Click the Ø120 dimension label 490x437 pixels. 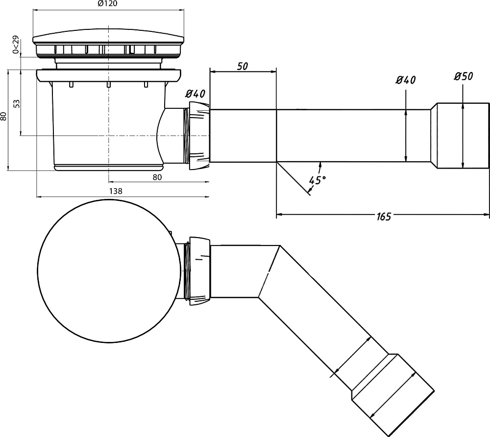click(107, 4)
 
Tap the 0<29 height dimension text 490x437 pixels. click(16, 45)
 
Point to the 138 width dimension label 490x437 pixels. click(116, 191)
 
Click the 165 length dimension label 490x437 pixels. click(384, 217)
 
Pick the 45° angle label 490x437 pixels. click(318, 180)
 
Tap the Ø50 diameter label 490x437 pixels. click(464, 76)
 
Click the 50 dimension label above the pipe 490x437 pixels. click(243, 66)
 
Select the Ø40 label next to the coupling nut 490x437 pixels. click(196, 94)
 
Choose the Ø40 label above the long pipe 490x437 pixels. click(406, 80)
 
